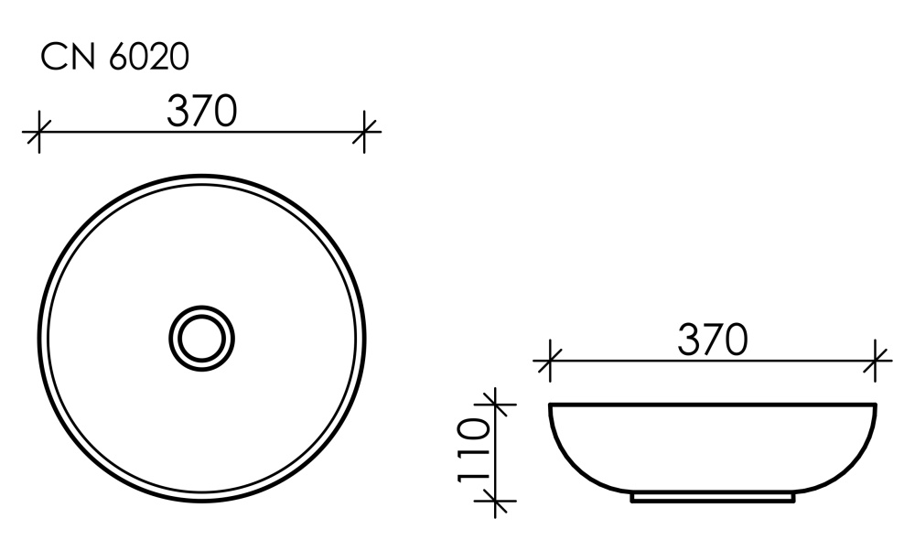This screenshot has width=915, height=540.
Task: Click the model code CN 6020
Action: [114, 57]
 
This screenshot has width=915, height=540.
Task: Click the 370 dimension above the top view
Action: [201, 112]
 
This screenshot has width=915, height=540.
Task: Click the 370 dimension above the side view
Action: [712, 340]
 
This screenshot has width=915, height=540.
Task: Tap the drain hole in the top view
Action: [201, 337]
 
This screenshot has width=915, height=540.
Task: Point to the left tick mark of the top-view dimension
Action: [38, 131]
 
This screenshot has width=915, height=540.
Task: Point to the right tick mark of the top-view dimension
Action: [365, 131]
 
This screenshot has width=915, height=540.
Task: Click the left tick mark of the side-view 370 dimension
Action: [549, 360]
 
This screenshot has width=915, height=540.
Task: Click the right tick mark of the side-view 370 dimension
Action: [877, 360]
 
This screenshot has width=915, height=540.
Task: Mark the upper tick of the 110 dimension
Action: [495, 403]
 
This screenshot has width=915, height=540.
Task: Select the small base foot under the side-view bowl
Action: [712, 499]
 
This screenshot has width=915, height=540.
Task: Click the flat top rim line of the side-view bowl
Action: [712, 404]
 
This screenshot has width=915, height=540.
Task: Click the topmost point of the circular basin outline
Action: [201, 176]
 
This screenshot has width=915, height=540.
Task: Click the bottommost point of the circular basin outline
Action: [201, 499]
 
